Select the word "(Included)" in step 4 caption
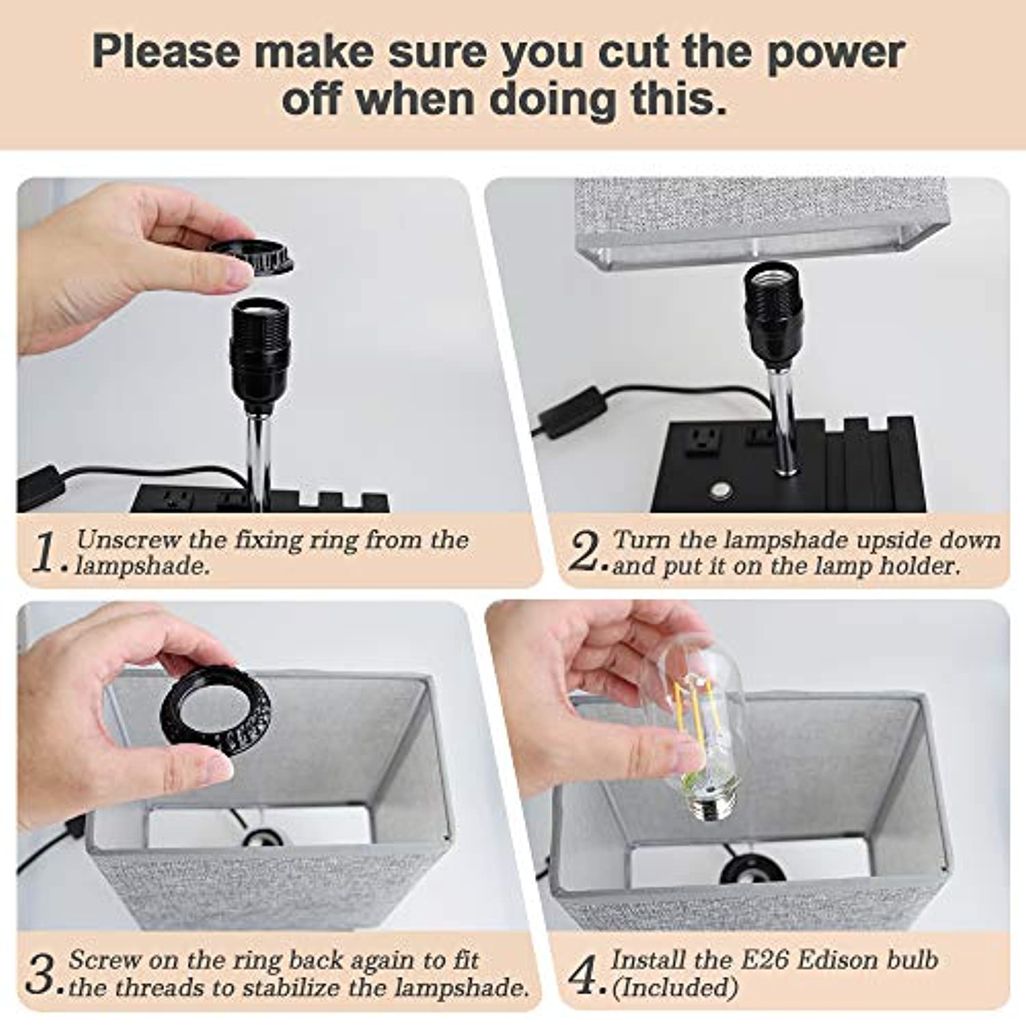coord(674,988)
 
